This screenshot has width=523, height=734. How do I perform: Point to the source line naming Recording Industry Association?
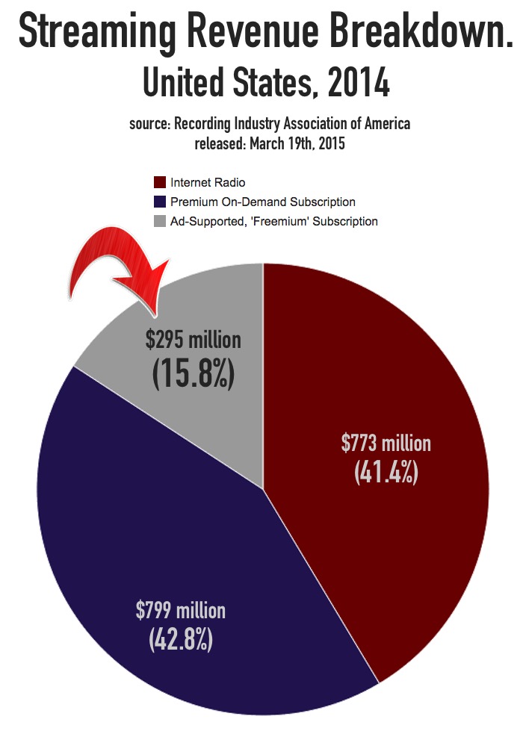pyautogui.click(x=270, y=123)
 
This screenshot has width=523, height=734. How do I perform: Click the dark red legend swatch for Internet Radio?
pyautogui.click(x=159, y=182)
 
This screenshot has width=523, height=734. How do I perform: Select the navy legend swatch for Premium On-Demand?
pyautogui.click(x=159, y=202)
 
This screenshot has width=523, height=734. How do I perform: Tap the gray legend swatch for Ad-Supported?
pyautogui.click(x=159, y=221)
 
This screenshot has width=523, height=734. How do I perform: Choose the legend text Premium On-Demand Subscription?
pyautogui.click(x=263, y=202)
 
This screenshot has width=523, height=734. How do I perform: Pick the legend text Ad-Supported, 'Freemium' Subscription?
pyautogui.click(x=274, y=221)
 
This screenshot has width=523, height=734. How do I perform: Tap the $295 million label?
pyautogui.click(x=194, y=340)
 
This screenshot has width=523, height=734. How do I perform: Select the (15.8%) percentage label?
pyautogui.click(x=194, y=373)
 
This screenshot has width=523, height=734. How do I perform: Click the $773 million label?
pyautogui.click(x=386, y=444)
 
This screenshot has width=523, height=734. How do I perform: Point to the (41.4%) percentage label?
pyautogui.click(x=386, y=473)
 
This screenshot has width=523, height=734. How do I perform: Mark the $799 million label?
pyautogui.click(x=181, y=611)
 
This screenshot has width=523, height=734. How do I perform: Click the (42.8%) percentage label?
pyautogui.click(x=181, y=640)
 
